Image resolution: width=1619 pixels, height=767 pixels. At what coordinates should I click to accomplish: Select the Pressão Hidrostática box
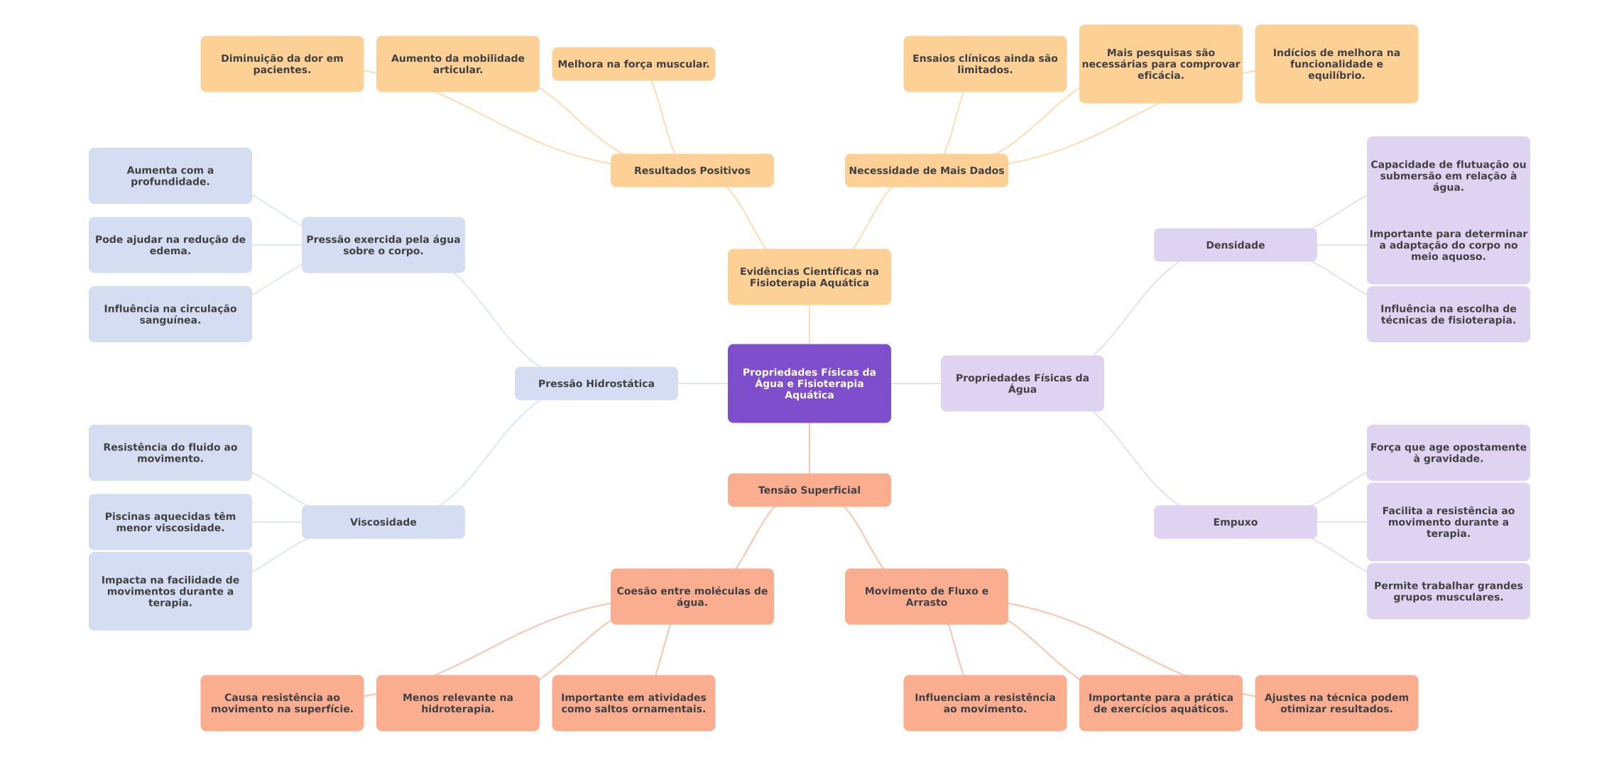(x=596, y=383)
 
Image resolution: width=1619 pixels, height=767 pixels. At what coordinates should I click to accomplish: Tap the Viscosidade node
(x=383, y=522)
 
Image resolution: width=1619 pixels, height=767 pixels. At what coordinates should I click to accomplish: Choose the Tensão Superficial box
(x=809, y=490)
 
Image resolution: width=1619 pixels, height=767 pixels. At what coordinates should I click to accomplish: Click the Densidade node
(x=1235, y=245)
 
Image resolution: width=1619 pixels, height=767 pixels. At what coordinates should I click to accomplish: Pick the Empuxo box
(x=1235, y=522)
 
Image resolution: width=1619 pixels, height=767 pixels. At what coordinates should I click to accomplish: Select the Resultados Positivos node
(x=692, y=170)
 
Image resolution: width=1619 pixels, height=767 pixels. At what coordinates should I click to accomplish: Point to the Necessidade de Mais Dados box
(x=926, y=170)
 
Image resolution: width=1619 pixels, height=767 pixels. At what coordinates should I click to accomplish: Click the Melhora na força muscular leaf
(x=633, y=64)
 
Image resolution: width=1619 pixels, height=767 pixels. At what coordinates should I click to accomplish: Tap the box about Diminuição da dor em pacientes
(x=282, y=64)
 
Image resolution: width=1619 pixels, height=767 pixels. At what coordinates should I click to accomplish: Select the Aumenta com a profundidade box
(x=170, y=176)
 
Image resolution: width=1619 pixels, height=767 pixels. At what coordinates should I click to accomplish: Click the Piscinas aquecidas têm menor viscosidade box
(x=170, y=522)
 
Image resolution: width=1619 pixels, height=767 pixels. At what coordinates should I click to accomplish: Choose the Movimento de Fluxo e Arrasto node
(x=926, y=597)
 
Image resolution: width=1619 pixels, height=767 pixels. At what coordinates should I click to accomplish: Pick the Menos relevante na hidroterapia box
(x=457, y=703)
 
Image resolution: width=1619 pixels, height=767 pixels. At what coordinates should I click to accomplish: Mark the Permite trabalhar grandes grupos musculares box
(x=1448, y=591)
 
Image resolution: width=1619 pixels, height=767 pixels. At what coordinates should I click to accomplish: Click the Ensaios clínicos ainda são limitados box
(x=985, y=64)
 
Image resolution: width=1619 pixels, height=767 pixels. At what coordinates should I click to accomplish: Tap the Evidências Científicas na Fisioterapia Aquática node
(x=809, y=277)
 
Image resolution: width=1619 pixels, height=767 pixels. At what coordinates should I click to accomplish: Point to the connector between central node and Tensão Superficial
(x=809, y=448)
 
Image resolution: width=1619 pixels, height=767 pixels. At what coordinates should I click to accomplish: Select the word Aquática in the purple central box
(x=809, y=396)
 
